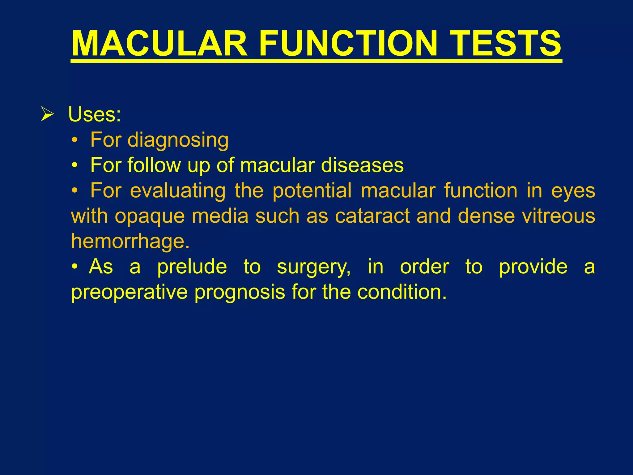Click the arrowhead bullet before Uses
(47, 114)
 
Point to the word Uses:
(94, 114)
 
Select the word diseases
(362, 165)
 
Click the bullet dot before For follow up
(74, 166)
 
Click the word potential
(312, 190)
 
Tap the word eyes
(573, 190)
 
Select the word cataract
(372, 216)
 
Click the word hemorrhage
(130, 241)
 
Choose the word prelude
(192, 267)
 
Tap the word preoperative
(129, 292)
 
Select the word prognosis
(240, 292)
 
